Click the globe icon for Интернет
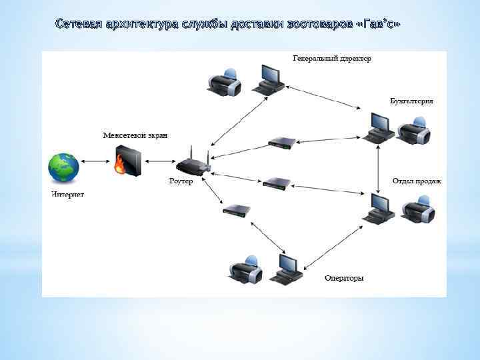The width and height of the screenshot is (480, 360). tap(63, 167)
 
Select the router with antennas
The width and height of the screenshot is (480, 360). tap(193, 164)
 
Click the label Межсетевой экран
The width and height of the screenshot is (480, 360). tap(135, 135)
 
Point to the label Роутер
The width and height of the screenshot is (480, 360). tap(180, 181)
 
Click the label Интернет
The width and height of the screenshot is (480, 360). tap(68, 195)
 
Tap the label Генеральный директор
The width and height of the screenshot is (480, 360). tap(332, 59)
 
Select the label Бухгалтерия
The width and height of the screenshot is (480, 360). tap(411, 101)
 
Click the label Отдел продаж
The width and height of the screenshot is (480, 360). tap(417, 181)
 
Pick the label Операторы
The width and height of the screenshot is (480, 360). tap(344, 278)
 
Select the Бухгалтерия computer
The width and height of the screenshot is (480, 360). tap(379, 127)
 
